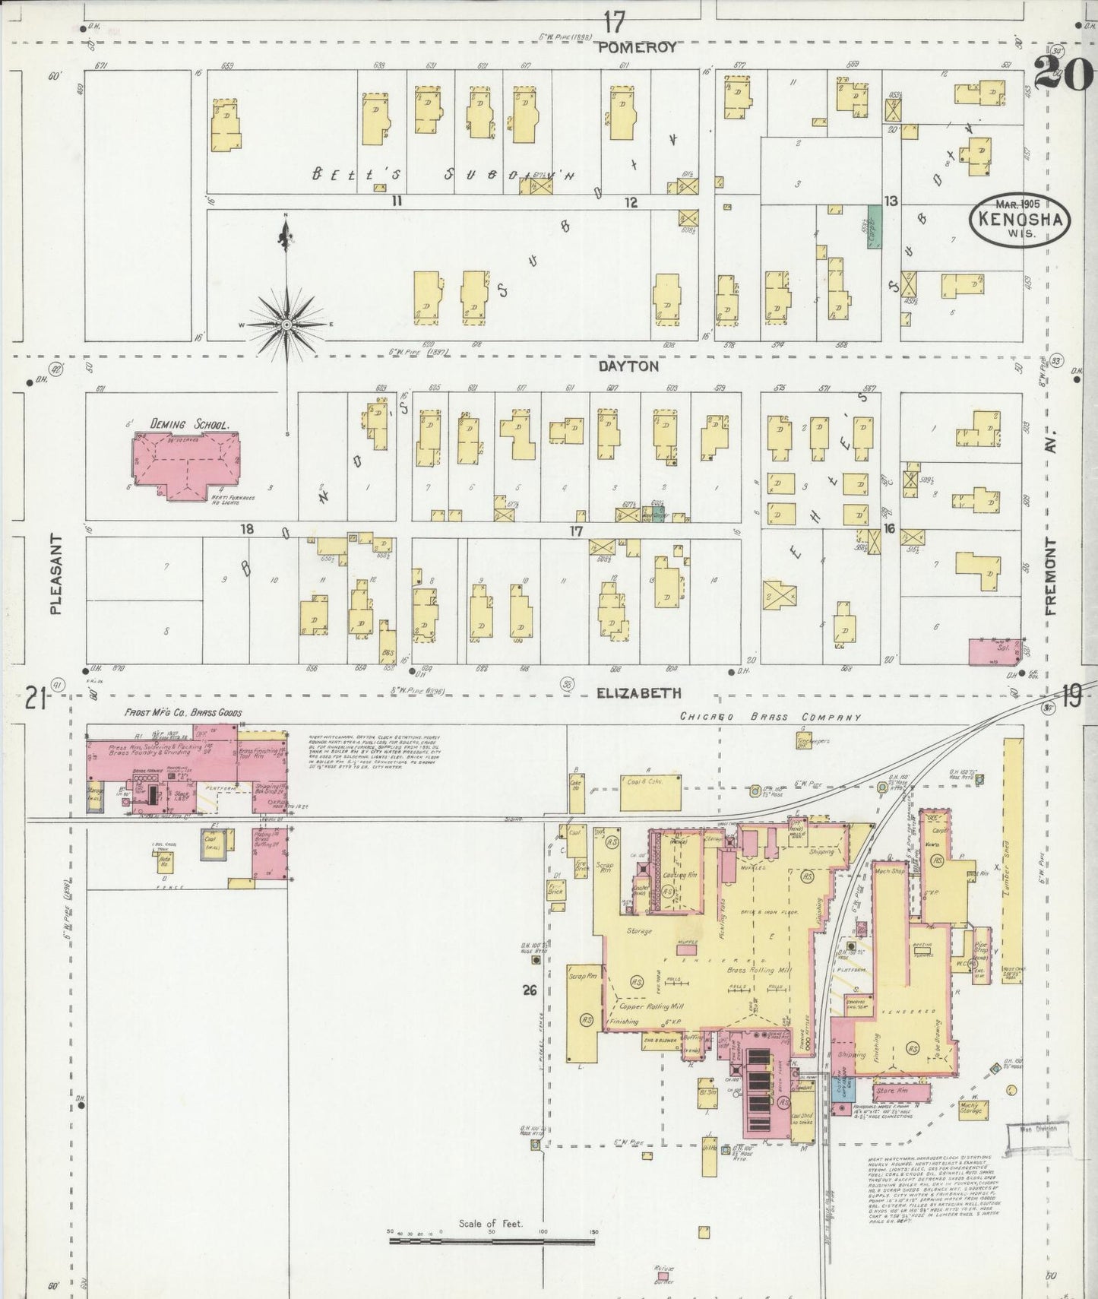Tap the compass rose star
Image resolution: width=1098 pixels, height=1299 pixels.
286,325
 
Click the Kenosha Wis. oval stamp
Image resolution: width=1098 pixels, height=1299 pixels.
1019,218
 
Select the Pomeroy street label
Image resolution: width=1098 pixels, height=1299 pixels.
637,47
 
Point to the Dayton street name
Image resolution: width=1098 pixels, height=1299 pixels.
628,366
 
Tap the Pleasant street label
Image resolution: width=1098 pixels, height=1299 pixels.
55,573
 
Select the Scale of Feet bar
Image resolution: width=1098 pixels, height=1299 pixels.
495,1240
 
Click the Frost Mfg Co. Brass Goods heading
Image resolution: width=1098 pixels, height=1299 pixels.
183,712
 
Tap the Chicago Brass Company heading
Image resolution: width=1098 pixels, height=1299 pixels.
770,716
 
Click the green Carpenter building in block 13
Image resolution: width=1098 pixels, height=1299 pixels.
874,227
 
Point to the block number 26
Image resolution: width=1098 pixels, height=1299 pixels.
530,990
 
